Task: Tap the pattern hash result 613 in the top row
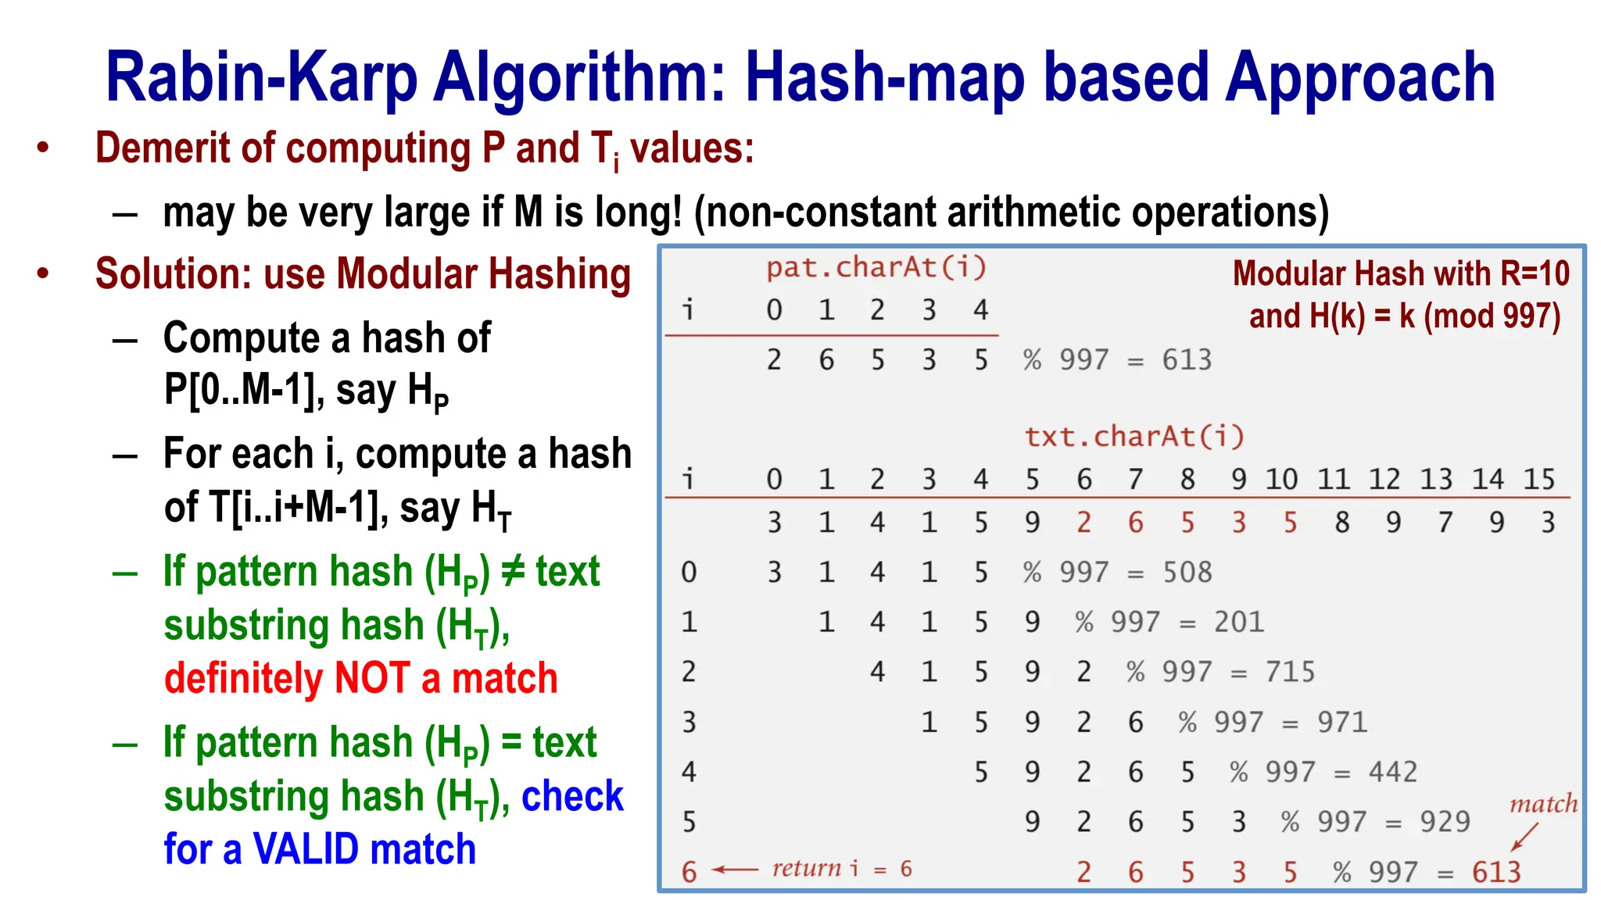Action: (x=1187, y=360)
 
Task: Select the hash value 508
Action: (x=1187, y=573)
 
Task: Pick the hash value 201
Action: (x=1238, y=623)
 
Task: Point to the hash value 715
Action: (x=1290, y=673)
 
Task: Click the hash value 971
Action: (x=1341, y=723)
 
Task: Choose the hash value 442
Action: (x=1392, y=773)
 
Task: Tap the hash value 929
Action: (x=1445, y=822)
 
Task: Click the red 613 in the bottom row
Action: (x=1496, y=872)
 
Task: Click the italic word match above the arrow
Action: (x=1542, y=804)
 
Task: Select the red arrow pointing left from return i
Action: (x=735, y=870)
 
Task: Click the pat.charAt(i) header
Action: (x=876, y=268)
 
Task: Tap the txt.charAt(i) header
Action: (x=1134, y=437)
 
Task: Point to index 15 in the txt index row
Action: (x=1538, y=479)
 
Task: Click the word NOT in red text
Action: (x=371, y=678)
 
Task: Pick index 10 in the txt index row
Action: (x=1281, y=479)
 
